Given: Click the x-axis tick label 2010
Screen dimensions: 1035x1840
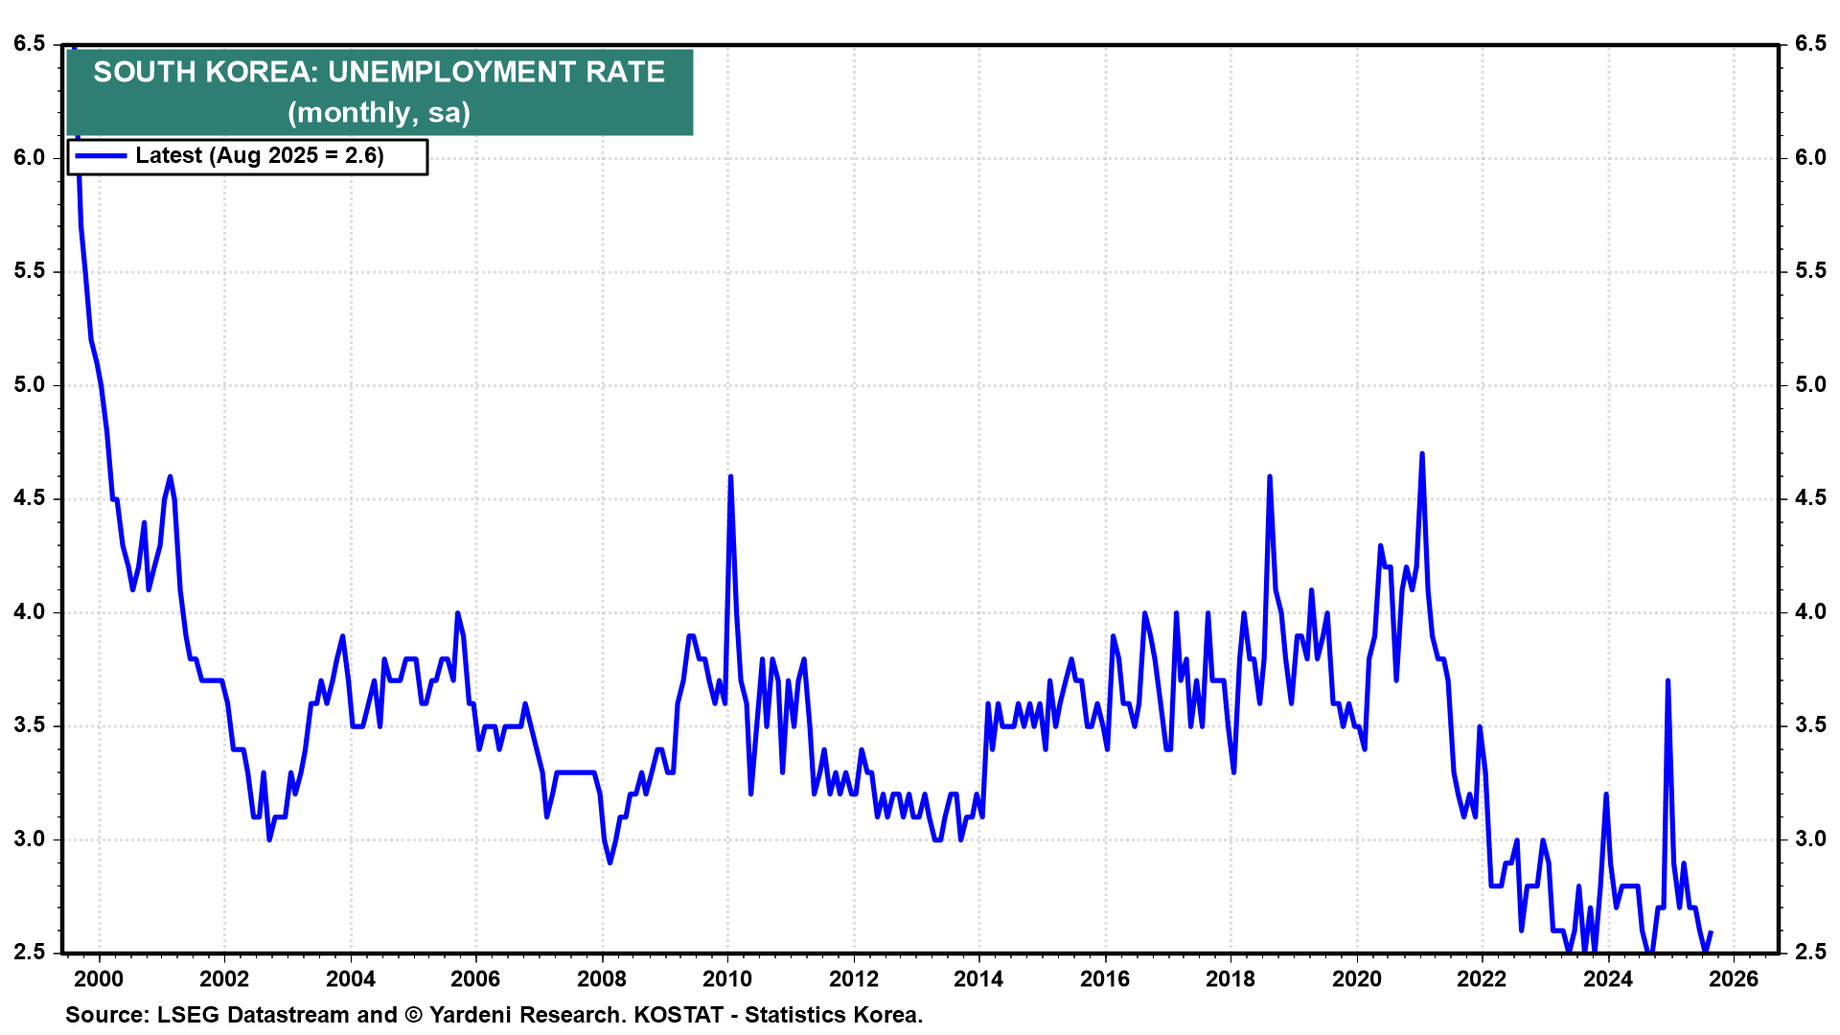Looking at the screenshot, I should [727, 978].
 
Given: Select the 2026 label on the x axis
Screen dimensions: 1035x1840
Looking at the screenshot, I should [1734, 978].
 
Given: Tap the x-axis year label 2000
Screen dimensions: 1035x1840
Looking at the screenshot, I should [99, 978].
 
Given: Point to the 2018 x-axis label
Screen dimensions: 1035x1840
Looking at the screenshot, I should [1230, 978].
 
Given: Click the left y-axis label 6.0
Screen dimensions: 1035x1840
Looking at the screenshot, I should [30, 157].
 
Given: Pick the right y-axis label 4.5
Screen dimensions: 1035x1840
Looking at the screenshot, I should [1810, 498].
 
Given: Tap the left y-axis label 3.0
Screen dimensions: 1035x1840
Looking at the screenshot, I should [30, 839].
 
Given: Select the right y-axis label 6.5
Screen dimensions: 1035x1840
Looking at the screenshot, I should [1810, 44].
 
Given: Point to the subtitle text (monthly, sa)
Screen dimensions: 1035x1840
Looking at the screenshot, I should [379, 112].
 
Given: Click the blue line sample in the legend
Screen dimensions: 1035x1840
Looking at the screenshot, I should [101, 156].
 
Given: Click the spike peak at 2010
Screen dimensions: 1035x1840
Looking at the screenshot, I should [730, 476].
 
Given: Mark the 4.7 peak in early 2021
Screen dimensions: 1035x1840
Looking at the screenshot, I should [1421, 453].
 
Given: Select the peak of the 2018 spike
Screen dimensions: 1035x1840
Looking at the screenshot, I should [1269, 476].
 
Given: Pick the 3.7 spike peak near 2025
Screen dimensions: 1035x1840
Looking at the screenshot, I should [1668, 680].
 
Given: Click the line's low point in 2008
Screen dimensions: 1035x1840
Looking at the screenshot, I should [609, 862].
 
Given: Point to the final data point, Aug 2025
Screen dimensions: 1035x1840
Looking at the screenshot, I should [1711, 931].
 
